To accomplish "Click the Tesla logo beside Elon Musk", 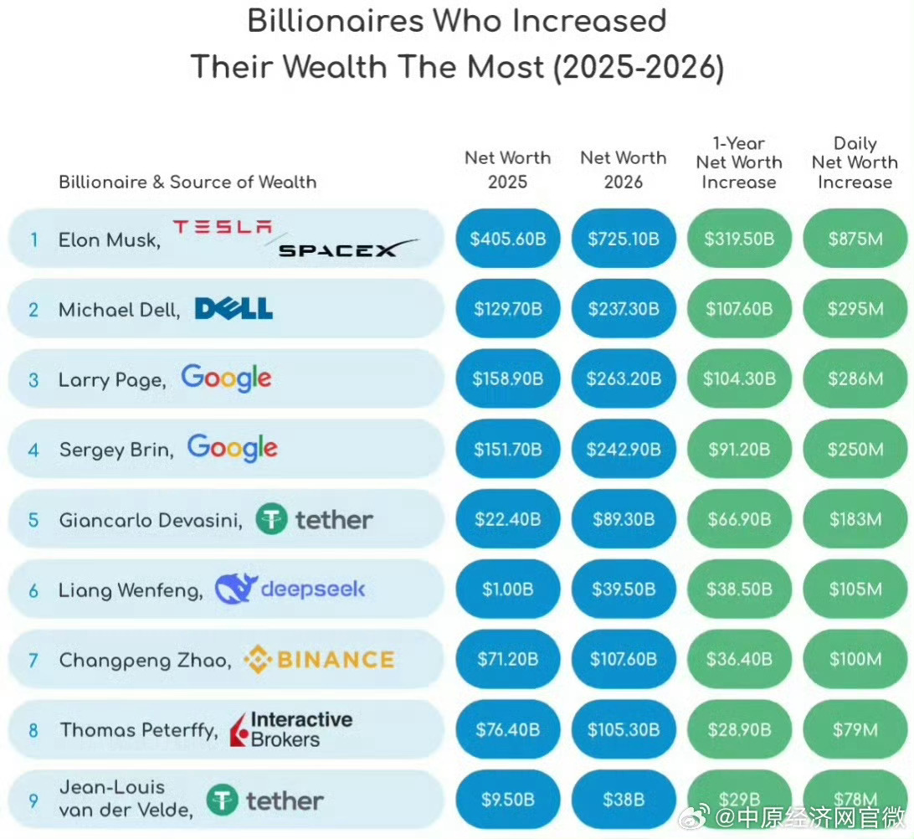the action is [x=223, y=226].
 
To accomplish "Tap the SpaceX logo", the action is [x=348, y=249].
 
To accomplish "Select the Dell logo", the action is [x=234, y=308].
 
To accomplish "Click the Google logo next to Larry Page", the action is [x=226, y=378].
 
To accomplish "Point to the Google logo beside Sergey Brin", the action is [x=232, y=448].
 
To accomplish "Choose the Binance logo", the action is [x=319, y=660].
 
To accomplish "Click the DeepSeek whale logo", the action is [x=236, y=589].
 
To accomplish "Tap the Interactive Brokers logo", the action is [x=291, y=728].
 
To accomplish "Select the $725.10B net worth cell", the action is [x=624, y=239].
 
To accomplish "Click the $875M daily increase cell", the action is [x=855, y=239].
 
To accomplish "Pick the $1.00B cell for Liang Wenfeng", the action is [x=508, y=589].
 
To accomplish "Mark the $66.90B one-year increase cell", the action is [x=739, y=519].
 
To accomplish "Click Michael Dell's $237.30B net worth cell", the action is [x=624, y=308].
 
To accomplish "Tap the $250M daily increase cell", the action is [x=855, y=449].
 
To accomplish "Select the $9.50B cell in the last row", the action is [x=508, y=800].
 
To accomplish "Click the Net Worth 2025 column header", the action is [x=508, y=170].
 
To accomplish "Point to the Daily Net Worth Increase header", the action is [x=855, y=162].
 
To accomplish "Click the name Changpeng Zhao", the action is [x=145, y=660].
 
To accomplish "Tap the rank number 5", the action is [x=33, y=519].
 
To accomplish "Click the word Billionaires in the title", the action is [x=336, y=21].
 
